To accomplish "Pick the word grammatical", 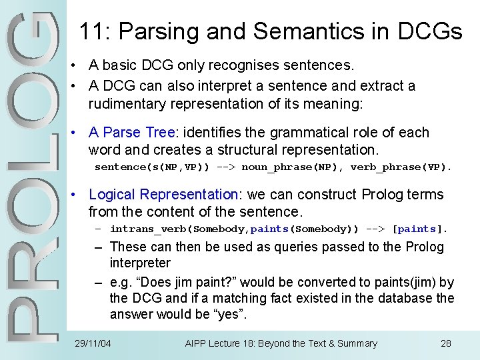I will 303,132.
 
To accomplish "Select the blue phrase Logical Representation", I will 164,195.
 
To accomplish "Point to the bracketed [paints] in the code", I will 418,229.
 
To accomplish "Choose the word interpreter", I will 140,263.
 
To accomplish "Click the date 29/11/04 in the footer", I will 93,344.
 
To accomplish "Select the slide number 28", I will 446,344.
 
